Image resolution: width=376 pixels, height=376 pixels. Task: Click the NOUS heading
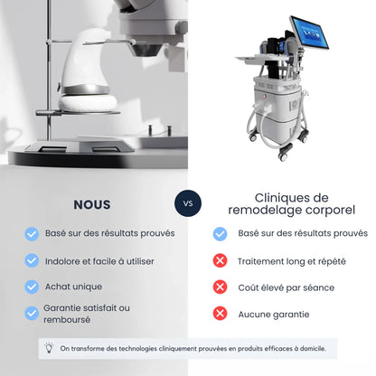tap(92, 204)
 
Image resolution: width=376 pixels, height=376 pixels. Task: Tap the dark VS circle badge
tap(188, 204)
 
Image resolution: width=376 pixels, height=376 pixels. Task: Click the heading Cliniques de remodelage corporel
tap(292, 203)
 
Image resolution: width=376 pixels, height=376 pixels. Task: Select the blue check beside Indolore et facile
tap(32, 260)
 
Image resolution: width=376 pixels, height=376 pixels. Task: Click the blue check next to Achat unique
tap(32, 287)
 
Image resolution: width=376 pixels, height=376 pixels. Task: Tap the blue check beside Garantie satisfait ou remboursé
tap(32, 314)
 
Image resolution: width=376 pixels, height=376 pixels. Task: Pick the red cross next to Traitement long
tap(220, 260)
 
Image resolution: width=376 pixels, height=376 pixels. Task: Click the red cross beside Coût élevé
tap(220, 287)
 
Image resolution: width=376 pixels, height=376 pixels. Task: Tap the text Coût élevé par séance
tap(286, 287)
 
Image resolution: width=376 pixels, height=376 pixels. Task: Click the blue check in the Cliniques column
tap(220, 233)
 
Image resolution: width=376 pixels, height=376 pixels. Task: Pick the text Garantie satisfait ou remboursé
tap(88, 314)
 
